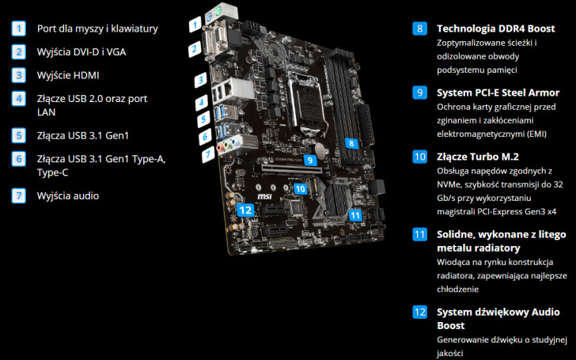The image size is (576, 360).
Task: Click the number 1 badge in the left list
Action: pyautogui.click(x=19, y=28)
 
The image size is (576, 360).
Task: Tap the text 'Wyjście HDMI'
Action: pyautogui.click(x=68, y=75)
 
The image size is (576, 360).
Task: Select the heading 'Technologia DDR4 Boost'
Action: pyautogui.click(x=496, y=28)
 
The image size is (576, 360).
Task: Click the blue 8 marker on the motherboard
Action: pyautogui.click(x=351, y=143)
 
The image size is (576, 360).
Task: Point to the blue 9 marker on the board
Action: pyautogui.click(x=310, y=160)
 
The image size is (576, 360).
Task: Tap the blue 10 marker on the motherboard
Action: pyautogui.click(x=301, y=189)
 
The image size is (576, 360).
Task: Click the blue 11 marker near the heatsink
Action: pyautogui.click(x=355, y=215)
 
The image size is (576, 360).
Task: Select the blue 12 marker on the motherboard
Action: pyautogui.click(x=246, y=210)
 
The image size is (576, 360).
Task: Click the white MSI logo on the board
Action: pyautogui.click(x=264, y=196)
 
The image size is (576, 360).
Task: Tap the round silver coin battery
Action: pyautogui.click(x=321, y=150)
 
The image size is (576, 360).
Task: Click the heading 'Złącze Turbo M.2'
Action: pyautogui.click(x=478, y=157)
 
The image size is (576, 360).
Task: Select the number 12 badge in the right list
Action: pyautogui.click(x=420, y=313)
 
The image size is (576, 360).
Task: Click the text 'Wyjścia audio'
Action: pyautogui.click(x=68, y=195)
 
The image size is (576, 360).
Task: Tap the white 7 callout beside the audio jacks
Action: pyautogui.click(x=208, y=154)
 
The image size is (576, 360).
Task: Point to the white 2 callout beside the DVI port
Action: pyautogui.click(x=195, y=48)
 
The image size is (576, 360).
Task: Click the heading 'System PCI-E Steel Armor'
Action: pyautogui.click(x=498, y=93)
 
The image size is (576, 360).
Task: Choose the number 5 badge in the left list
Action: pyautogui.click(x=19, y=135)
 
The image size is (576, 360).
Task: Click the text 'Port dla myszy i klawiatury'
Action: pyautogui.click(x=97, y=28)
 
